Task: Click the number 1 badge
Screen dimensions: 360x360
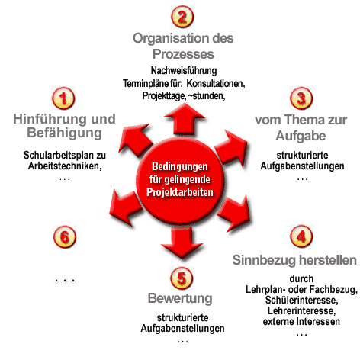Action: pyautogui.click(x=63, y=98)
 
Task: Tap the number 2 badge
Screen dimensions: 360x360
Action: pyautogui.click(x=182, y=17)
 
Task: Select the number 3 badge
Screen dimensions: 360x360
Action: pyautogui.click(x=301, y=98)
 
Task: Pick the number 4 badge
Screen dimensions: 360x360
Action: pyautogui.click(x=301, y=236)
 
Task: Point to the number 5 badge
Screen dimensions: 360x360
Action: pyautogui.click(x=182, y=278)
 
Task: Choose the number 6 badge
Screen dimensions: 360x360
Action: pyautogui.click(x=65, y=237)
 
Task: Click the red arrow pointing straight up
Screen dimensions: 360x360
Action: pyautogui.click(x=184, y=120)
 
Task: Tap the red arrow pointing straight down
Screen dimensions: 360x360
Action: pyautogui.click(x=182, y=243)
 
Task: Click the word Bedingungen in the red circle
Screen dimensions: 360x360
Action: pyautogui.click(x=180, y=166)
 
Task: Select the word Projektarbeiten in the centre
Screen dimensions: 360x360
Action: pyautogui.click(x=180, y=192)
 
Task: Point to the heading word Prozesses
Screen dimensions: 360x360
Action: pyautogui.click(x=183, y=54)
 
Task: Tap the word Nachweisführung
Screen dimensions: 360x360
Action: pyautogui.click(x=184, y=71)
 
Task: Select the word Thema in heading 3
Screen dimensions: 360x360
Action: pyautogui.click(x=301, y=120)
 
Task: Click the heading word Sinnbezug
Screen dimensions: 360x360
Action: pyautogui.click(x=264, y=260)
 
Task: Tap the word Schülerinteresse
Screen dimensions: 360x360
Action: pyautogui.click(x=301, y=301)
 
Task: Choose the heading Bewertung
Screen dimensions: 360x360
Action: pyautogui.click(x=180, y=298)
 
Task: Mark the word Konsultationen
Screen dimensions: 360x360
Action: pyautogui.click(x=216, y=83)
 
